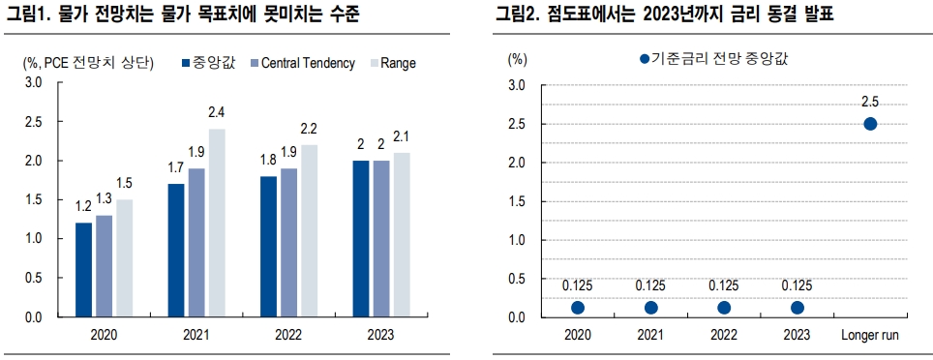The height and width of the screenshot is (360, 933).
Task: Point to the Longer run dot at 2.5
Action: point(870,124)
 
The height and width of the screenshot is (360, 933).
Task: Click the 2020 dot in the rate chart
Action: point(578,308)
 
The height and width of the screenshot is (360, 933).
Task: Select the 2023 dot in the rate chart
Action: point(798,308)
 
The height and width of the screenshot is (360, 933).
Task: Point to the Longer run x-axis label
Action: point(870,334)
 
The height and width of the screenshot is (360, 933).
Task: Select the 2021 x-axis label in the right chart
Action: point(651,334)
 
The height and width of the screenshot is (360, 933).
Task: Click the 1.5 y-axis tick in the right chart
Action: point(517,201)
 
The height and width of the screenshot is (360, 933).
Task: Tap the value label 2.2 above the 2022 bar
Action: point(310,128)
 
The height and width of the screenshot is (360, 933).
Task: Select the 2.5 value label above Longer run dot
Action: point(870,102)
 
